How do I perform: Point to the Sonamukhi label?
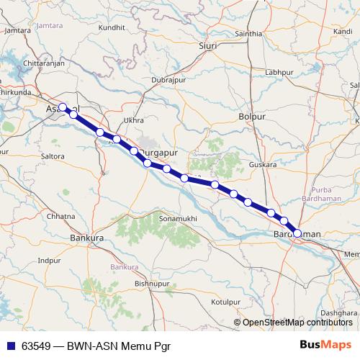coord(176,217)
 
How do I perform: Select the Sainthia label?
coord(248,34)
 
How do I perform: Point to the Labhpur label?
coord(280,73)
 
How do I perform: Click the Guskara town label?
coord(263,165)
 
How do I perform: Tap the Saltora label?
coord(53,156)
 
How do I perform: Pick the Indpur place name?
coord(50,260)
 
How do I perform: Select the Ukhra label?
coord(134,120)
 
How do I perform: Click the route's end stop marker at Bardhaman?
coord(297,233)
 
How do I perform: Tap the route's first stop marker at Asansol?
coord(63,107)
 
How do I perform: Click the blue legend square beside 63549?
coord(10,345)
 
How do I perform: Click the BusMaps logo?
coord(325,344)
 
